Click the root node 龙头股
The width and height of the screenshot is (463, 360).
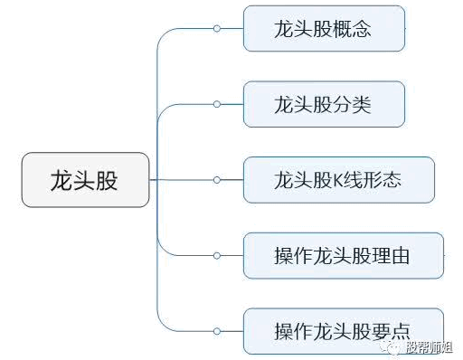tap(85, 180)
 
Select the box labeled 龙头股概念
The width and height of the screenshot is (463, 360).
tap(324, 29)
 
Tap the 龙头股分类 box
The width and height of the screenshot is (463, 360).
tap(324, 104)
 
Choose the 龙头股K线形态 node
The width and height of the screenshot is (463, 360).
tap(339, 180)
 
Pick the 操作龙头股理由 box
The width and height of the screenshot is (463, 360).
tap(344, 256)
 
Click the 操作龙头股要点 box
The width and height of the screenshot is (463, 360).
tap(344, 331)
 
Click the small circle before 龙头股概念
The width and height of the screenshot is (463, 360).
tap(217, 29)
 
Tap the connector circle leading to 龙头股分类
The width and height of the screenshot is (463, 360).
tap(217, 104)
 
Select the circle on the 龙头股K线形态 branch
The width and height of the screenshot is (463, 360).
tap(217, 180)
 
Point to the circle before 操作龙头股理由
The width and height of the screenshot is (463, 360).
tap(217, 256)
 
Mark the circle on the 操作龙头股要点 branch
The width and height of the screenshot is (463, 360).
tap(217, 331)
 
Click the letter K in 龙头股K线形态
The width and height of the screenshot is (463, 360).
tap(338, 180)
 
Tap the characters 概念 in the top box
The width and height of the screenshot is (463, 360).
tap(352, 29)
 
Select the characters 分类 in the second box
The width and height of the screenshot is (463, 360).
tap(352, 105)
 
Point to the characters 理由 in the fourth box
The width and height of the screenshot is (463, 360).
tap(391, 256)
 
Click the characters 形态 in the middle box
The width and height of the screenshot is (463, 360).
tap(382, 180)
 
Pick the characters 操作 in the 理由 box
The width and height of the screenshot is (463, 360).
tap(294, 256)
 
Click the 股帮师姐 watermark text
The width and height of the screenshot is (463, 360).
tap(430, 347)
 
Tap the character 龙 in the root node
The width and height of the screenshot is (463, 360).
tap(61, 180)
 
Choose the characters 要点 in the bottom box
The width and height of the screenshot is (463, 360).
tap(391, 332)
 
